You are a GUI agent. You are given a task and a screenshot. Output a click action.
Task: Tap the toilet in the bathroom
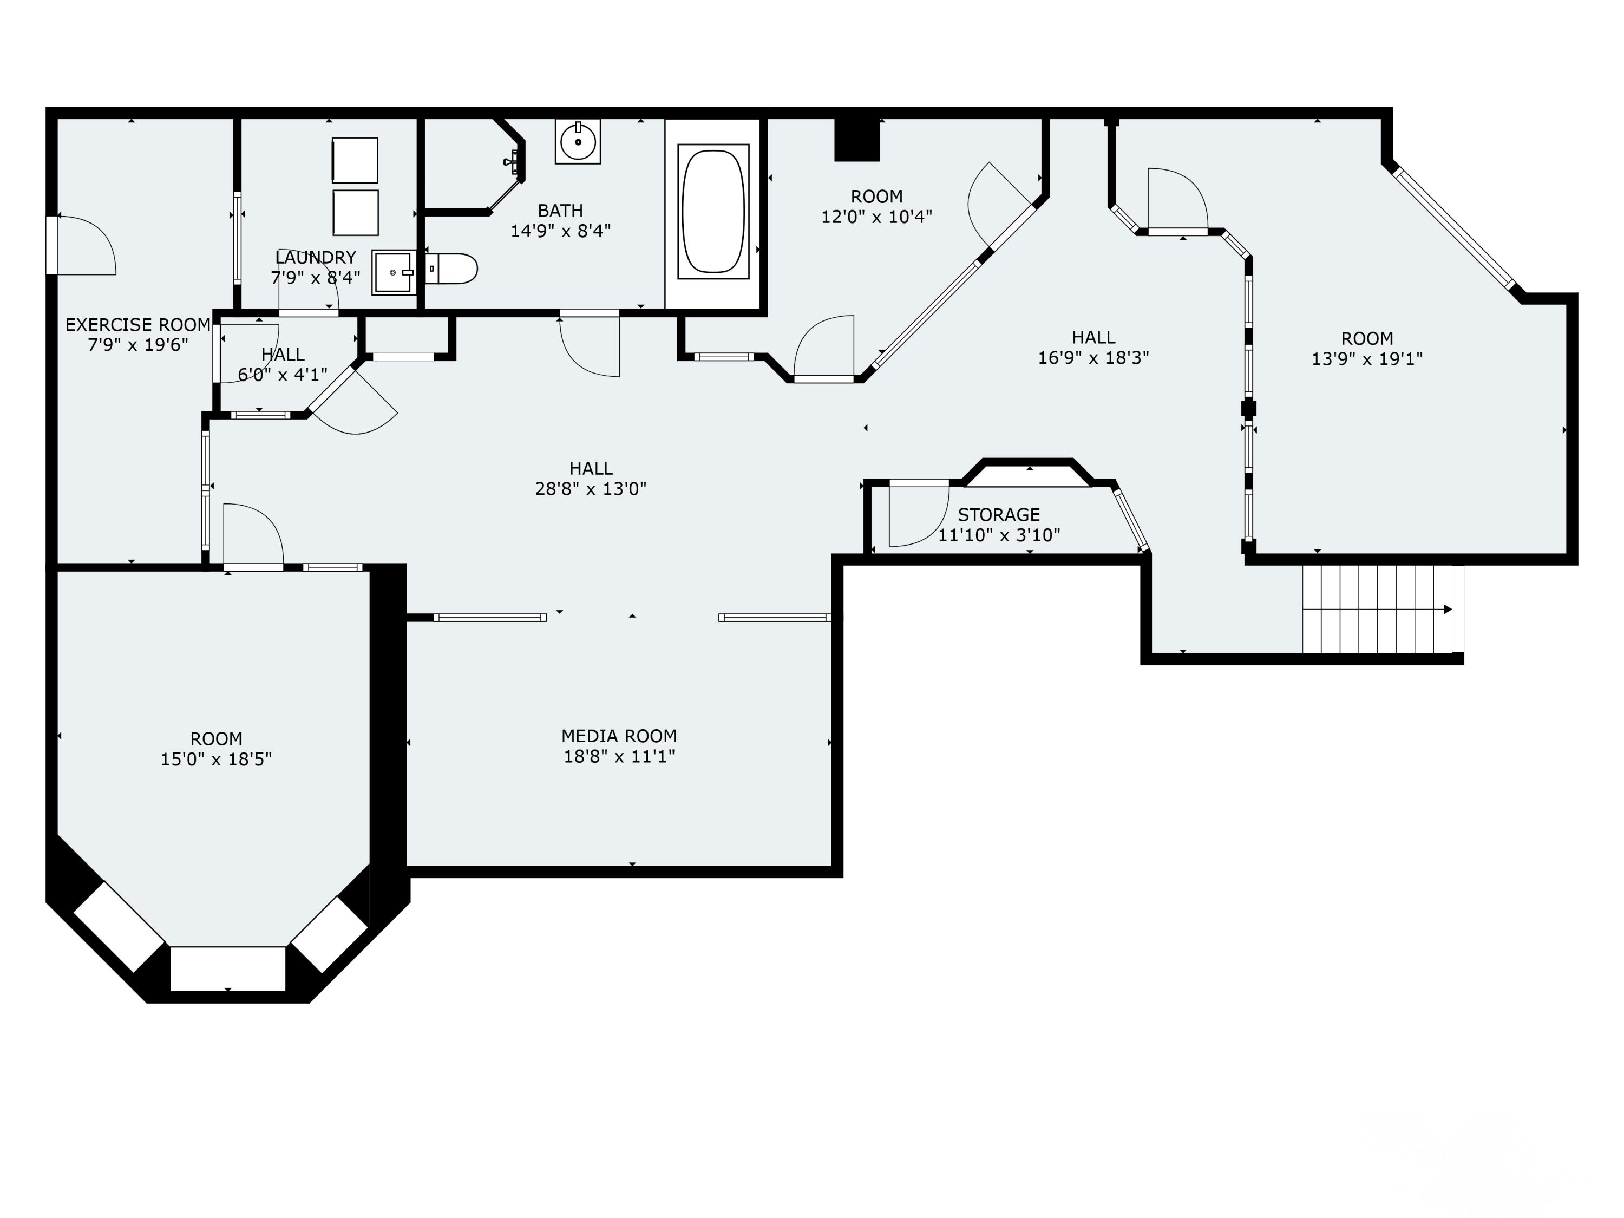pos(451,269)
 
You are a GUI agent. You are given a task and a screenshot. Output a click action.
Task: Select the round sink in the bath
pos(578,142)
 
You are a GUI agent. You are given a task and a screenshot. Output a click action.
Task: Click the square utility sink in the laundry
pos(394,272)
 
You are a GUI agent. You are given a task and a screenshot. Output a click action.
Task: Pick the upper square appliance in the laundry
pos(355,160)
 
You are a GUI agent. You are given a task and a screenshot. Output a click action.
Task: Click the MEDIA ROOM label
pos(619,736)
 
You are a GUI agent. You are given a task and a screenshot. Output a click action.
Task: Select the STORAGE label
pos(998,515)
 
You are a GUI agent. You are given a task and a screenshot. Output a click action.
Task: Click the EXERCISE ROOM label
pos(138,324)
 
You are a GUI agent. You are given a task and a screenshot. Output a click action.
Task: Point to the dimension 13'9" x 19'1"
pos(1366,359)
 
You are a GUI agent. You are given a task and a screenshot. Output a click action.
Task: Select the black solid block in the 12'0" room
pos(857,141)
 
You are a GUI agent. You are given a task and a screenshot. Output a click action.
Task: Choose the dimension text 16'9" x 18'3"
pos(1092,357)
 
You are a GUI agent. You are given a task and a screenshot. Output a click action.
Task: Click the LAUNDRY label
pos(315,258)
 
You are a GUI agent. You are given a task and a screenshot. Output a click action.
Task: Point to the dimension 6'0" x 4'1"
pos(283,375)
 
